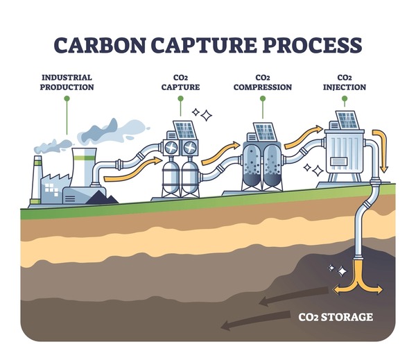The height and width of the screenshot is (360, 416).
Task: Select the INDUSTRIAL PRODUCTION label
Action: (x=67, y=83)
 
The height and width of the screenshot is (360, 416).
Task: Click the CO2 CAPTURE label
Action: (x=180, y=83)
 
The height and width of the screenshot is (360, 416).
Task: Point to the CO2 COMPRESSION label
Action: (x=262, y=83)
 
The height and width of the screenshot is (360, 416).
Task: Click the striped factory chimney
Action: (x=37, y=178)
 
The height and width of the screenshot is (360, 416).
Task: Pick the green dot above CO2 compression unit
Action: (x=262, y=98)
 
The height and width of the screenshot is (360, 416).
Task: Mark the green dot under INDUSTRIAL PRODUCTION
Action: (x=67, y=98)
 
